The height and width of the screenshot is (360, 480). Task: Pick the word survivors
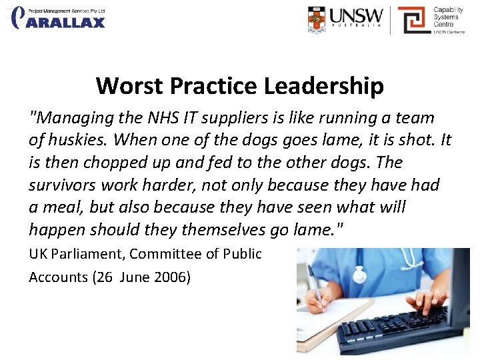click(61, 184)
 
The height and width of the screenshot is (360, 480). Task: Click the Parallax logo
click(59, 18)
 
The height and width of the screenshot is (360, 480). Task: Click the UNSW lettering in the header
click(356, 16)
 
